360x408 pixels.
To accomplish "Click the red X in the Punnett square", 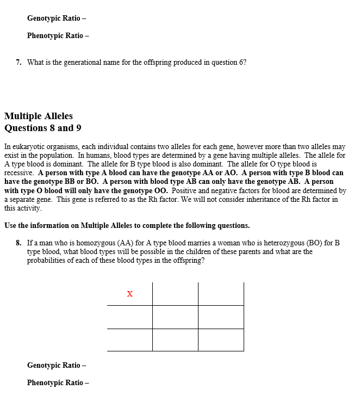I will (x=129, y=294).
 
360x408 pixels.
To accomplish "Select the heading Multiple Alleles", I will (x=38, y=116).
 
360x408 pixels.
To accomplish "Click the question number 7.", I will (x=18, y=62).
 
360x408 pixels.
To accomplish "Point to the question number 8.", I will (x=18, y=243).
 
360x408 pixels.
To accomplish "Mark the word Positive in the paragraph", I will (x=186, y=190).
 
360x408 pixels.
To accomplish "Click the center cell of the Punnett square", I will (x=175, y=317).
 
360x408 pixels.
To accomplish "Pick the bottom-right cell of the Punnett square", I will (x=221, y=340).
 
